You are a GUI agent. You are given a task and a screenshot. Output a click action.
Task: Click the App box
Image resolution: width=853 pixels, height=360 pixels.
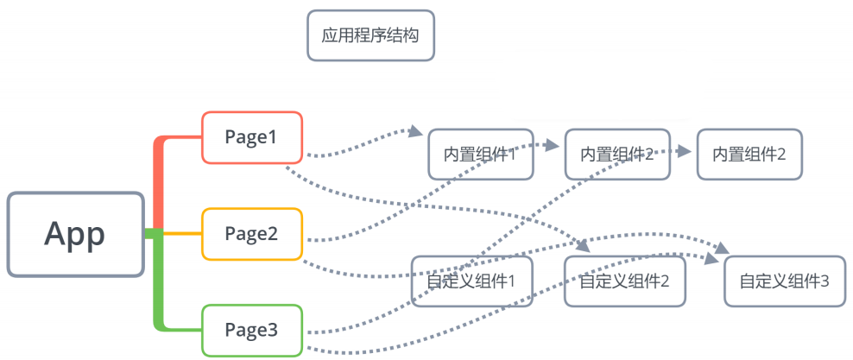(x=75, y=234)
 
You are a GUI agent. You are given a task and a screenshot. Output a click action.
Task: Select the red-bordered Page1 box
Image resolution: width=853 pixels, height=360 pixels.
(x=251, y=136)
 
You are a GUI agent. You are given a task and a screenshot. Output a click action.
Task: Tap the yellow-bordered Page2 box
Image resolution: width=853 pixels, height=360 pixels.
(x=251, y=233)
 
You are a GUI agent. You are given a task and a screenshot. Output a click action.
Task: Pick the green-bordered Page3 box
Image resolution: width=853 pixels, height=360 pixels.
(x=251, y=330)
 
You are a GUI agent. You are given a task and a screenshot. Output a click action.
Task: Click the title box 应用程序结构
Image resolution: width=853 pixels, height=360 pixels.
(x=370, y=35)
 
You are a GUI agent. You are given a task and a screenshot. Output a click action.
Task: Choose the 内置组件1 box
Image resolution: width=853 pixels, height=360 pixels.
(x=480, y=155)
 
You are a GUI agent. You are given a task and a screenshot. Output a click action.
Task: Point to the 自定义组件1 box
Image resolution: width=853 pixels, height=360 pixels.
(x=471, y=281)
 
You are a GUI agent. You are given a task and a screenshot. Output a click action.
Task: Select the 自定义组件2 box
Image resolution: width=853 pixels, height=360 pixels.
(x=626, y=281)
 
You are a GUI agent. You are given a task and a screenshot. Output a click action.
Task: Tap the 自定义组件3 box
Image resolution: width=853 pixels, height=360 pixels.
(x=784, y=281)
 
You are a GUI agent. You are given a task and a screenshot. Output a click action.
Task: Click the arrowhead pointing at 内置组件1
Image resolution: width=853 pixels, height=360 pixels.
(x=418, y=133)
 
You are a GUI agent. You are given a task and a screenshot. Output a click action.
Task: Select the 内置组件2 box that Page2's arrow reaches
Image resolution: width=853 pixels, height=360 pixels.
(x=616, y=155)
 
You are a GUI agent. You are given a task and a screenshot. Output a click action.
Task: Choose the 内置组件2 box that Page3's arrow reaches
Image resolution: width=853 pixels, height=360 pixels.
(x=749, y=155)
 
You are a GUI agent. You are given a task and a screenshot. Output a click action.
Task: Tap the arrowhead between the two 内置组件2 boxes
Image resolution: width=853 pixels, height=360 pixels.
(x=686, y=151)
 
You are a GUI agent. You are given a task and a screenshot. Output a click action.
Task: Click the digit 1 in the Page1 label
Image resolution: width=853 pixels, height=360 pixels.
(x=276, y=136)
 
